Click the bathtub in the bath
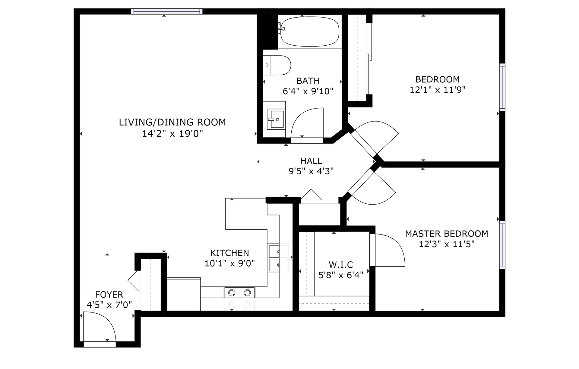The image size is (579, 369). [310, 31]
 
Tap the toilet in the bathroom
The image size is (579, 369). [277, 65]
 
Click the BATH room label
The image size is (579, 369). [308, 81]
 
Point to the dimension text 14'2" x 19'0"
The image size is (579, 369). [172, 134]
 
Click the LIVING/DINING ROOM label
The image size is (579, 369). [172, 122]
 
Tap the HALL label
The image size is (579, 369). [311, 161]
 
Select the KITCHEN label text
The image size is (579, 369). [229, 253]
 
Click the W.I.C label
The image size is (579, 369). [341, 265]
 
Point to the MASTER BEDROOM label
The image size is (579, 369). [446, 234]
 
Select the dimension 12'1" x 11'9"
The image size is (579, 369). [438, 90]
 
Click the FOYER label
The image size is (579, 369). [109, 295]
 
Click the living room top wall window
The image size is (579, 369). [167, 11]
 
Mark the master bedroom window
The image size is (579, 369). [502, 245]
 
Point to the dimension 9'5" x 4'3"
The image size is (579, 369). [311, 171]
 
